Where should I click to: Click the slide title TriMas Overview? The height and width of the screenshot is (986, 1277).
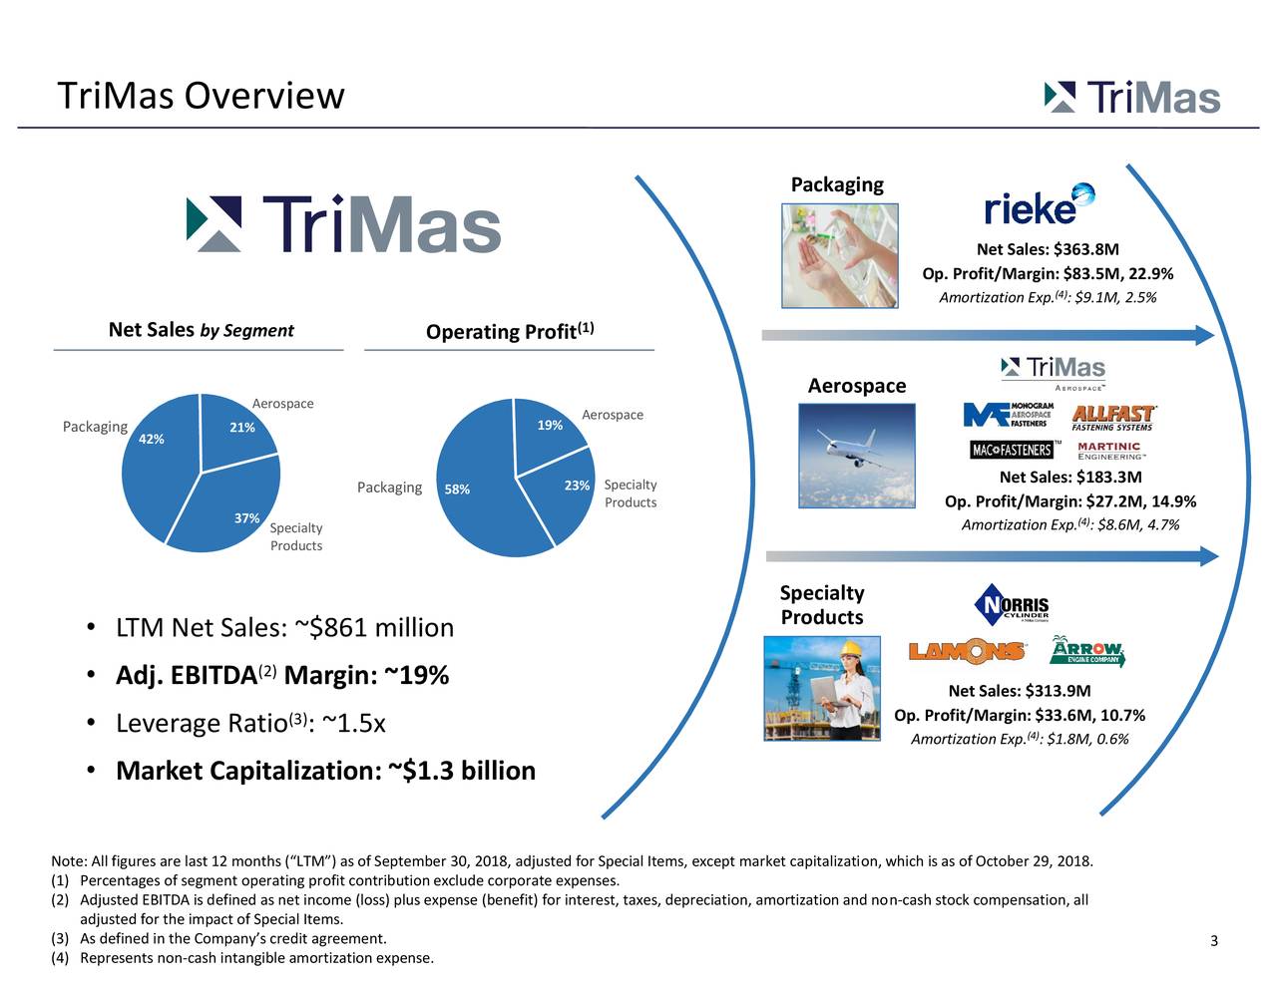[201, 97]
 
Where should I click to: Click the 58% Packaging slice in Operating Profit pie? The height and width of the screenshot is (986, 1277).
[474, 489]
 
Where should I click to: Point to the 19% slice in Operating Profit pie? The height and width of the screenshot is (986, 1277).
[544, 434]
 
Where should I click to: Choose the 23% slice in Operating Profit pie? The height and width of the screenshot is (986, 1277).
[569, 493]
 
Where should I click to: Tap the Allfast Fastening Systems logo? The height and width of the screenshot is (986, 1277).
[1112, 418]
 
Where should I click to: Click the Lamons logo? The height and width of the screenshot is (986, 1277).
[967, 652]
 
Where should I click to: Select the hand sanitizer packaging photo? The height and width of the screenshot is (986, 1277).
[840, 255]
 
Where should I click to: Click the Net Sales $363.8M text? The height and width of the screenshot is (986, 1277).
[1047, 250]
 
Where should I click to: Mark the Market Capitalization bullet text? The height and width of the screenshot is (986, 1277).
[325, 771]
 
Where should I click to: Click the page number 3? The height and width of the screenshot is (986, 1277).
[1213, 942]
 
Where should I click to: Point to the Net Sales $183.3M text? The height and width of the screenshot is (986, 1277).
[1069, 478]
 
